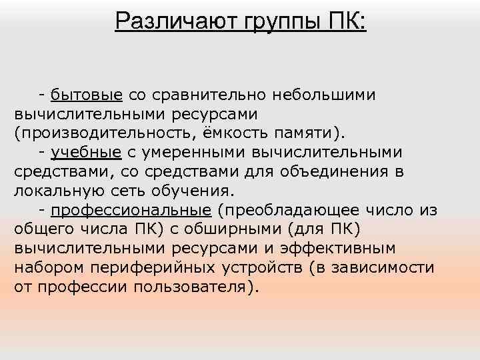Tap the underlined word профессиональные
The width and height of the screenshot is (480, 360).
tap(130, 210)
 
